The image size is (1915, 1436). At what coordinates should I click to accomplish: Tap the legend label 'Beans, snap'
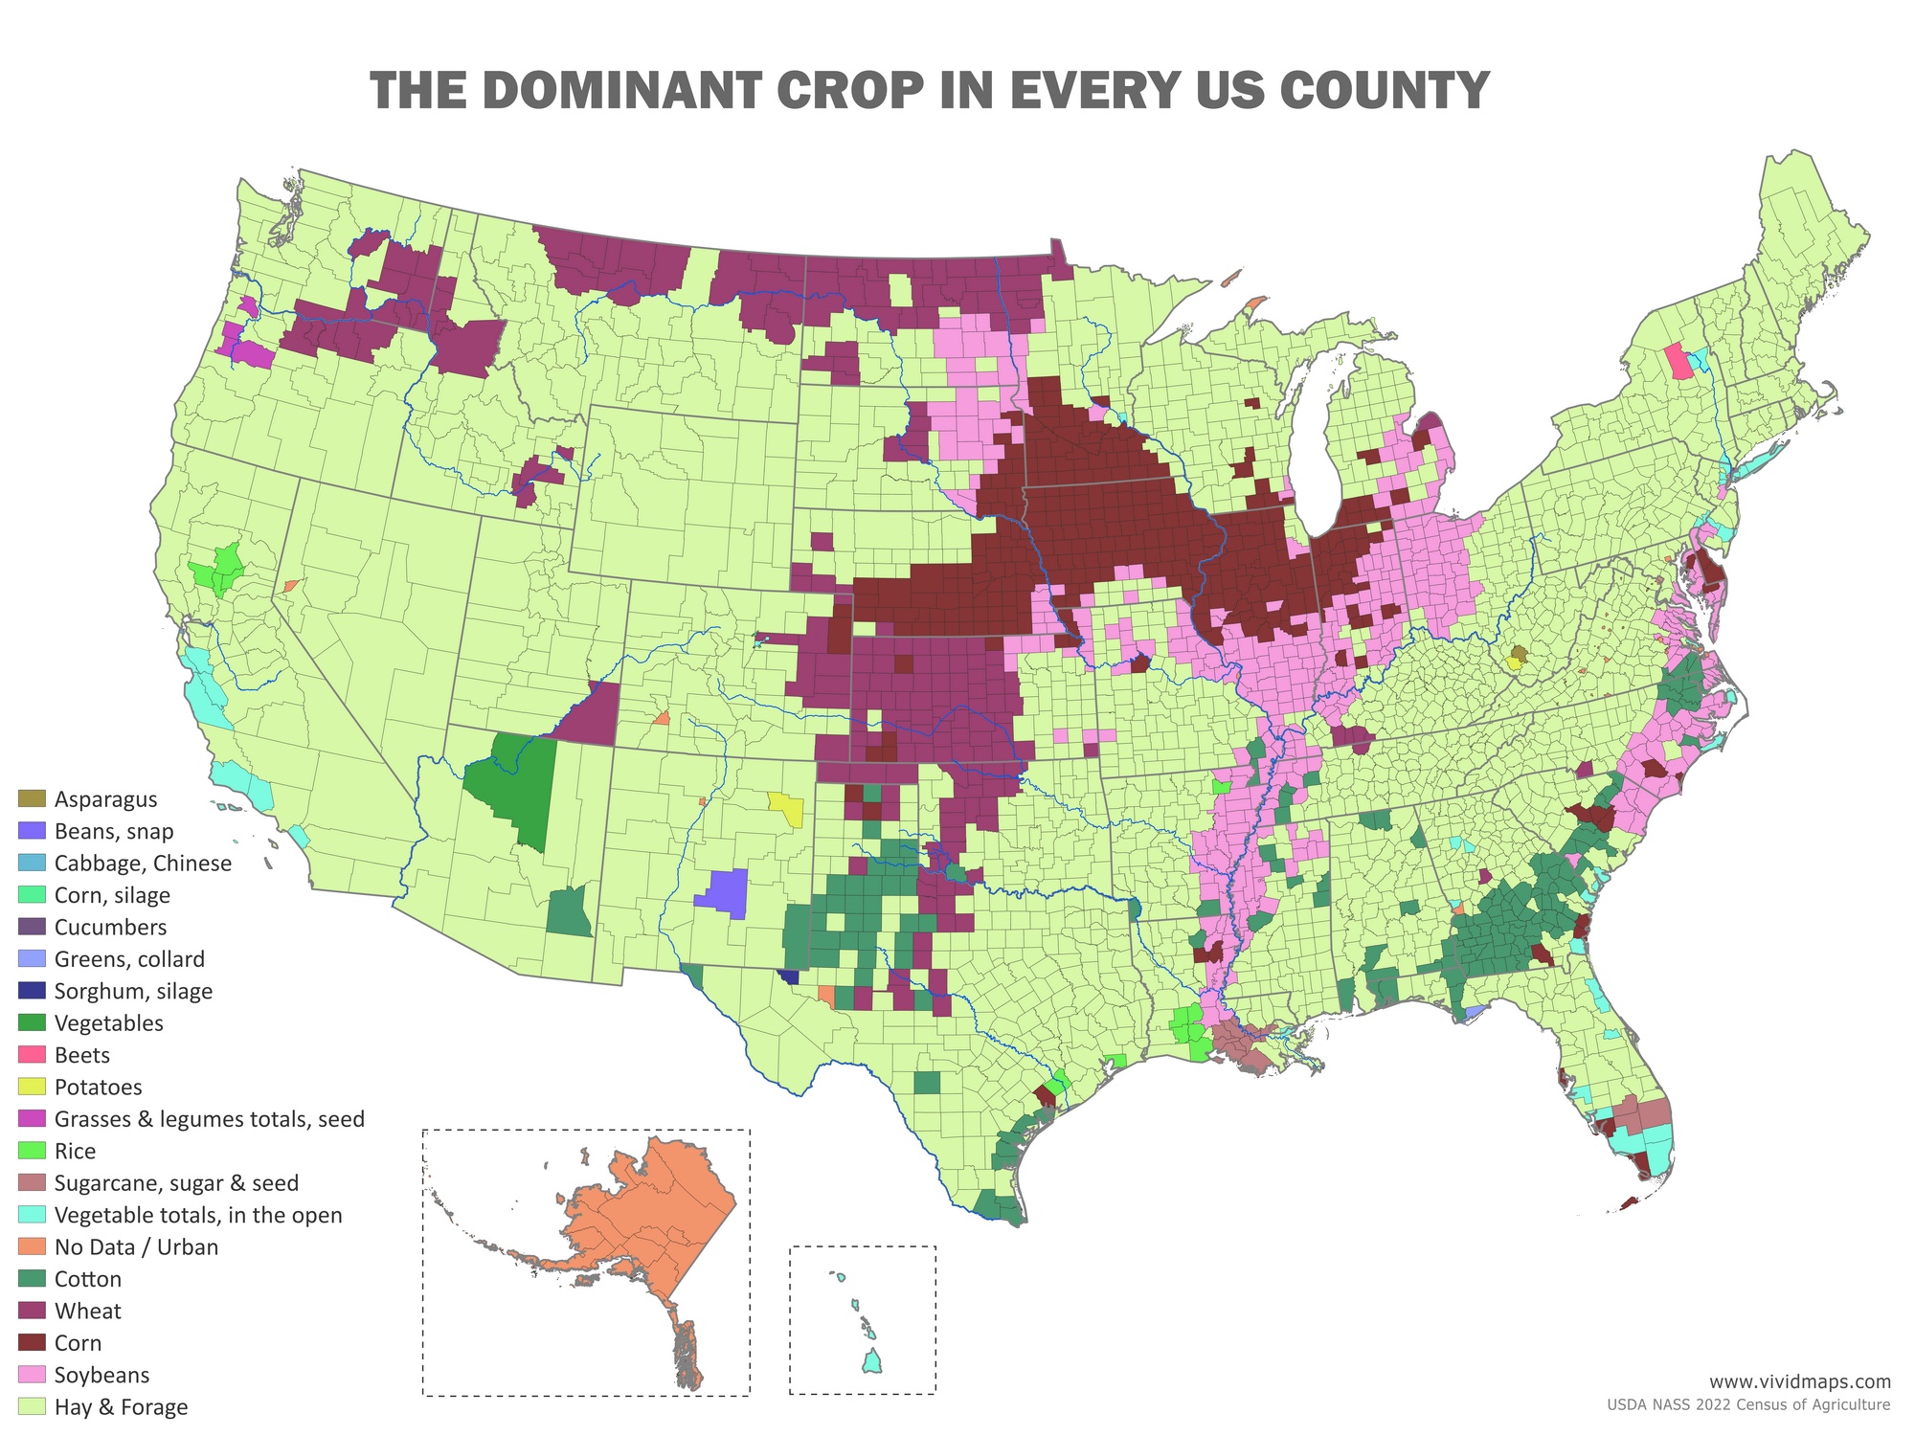click(x=114, y=831)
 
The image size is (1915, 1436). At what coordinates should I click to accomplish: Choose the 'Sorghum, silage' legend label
click(x=133, y=991)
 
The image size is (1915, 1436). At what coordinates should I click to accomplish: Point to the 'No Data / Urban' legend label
click(x=136, y=1247)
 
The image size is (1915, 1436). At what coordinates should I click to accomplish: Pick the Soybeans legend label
click(x=101, y=1376)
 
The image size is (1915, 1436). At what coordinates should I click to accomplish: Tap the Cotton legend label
click(x=88, y=1279)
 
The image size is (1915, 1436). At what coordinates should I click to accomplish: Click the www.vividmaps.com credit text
click(x=1799, y=1380)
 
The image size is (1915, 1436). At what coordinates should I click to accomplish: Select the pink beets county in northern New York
click(x=1678, y=362)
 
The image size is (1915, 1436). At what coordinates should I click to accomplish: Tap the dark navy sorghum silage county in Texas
click(x=789, y=976)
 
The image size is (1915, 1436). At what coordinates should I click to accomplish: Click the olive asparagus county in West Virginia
click(x=1518, y=654)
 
